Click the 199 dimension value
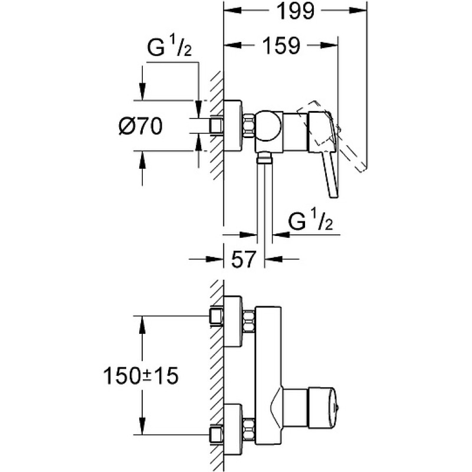296,11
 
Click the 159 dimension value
281,45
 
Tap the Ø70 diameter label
140,126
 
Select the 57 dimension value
244,258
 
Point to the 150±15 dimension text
141,376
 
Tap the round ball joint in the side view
269,126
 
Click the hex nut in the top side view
248,126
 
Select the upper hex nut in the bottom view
249,322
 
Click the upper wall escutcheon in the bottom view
233,321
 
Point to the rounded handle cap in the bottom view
323,408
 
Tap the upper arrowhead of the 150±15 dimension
142,325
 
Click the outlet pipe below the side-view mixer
265,196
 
